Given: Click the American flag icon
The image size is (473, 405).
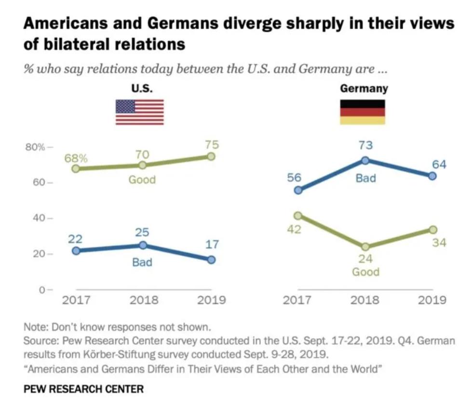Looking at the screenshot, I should coord(139,112).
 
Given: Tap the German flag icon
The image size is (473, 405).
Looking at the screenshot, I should coord(363,112).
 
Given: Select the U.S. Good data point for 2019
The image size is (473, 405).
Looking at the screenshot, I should coord(211,156).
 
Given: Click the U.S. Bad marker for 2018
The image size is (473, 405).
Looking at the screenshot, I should coord(143,245).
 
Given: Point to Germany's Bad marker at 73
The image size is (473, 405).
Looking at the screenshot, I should coord(365,160).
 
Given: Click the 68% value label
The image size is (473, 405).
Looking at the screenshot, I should coord(77,158).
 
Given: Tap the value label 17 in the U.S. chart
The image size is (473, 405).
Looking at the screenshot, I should coord(212,244).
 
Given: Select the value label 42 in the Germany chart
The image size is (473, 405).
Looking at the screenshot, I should coord(295,229).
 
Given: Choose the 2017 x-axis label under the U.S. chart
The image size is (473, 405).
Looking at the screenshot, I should coord(77,300).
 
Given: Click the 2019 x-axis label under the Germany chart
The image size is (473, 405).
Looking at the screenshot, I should coord(432,300).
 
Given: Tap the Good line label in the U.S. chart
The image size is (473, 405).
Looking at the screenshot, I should coord(142,180).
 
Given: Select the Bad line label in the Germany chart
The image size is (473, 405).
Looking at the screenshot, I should coord(365,178).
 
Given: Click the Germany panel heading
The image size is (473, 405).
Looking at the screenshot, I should coord(364,89).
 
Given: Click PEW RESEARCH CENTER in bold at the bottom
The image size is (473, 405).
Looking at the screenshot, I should coord(83,389).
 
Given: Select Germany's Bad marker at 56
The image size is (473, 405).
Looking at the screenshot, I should coord(298,190).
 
